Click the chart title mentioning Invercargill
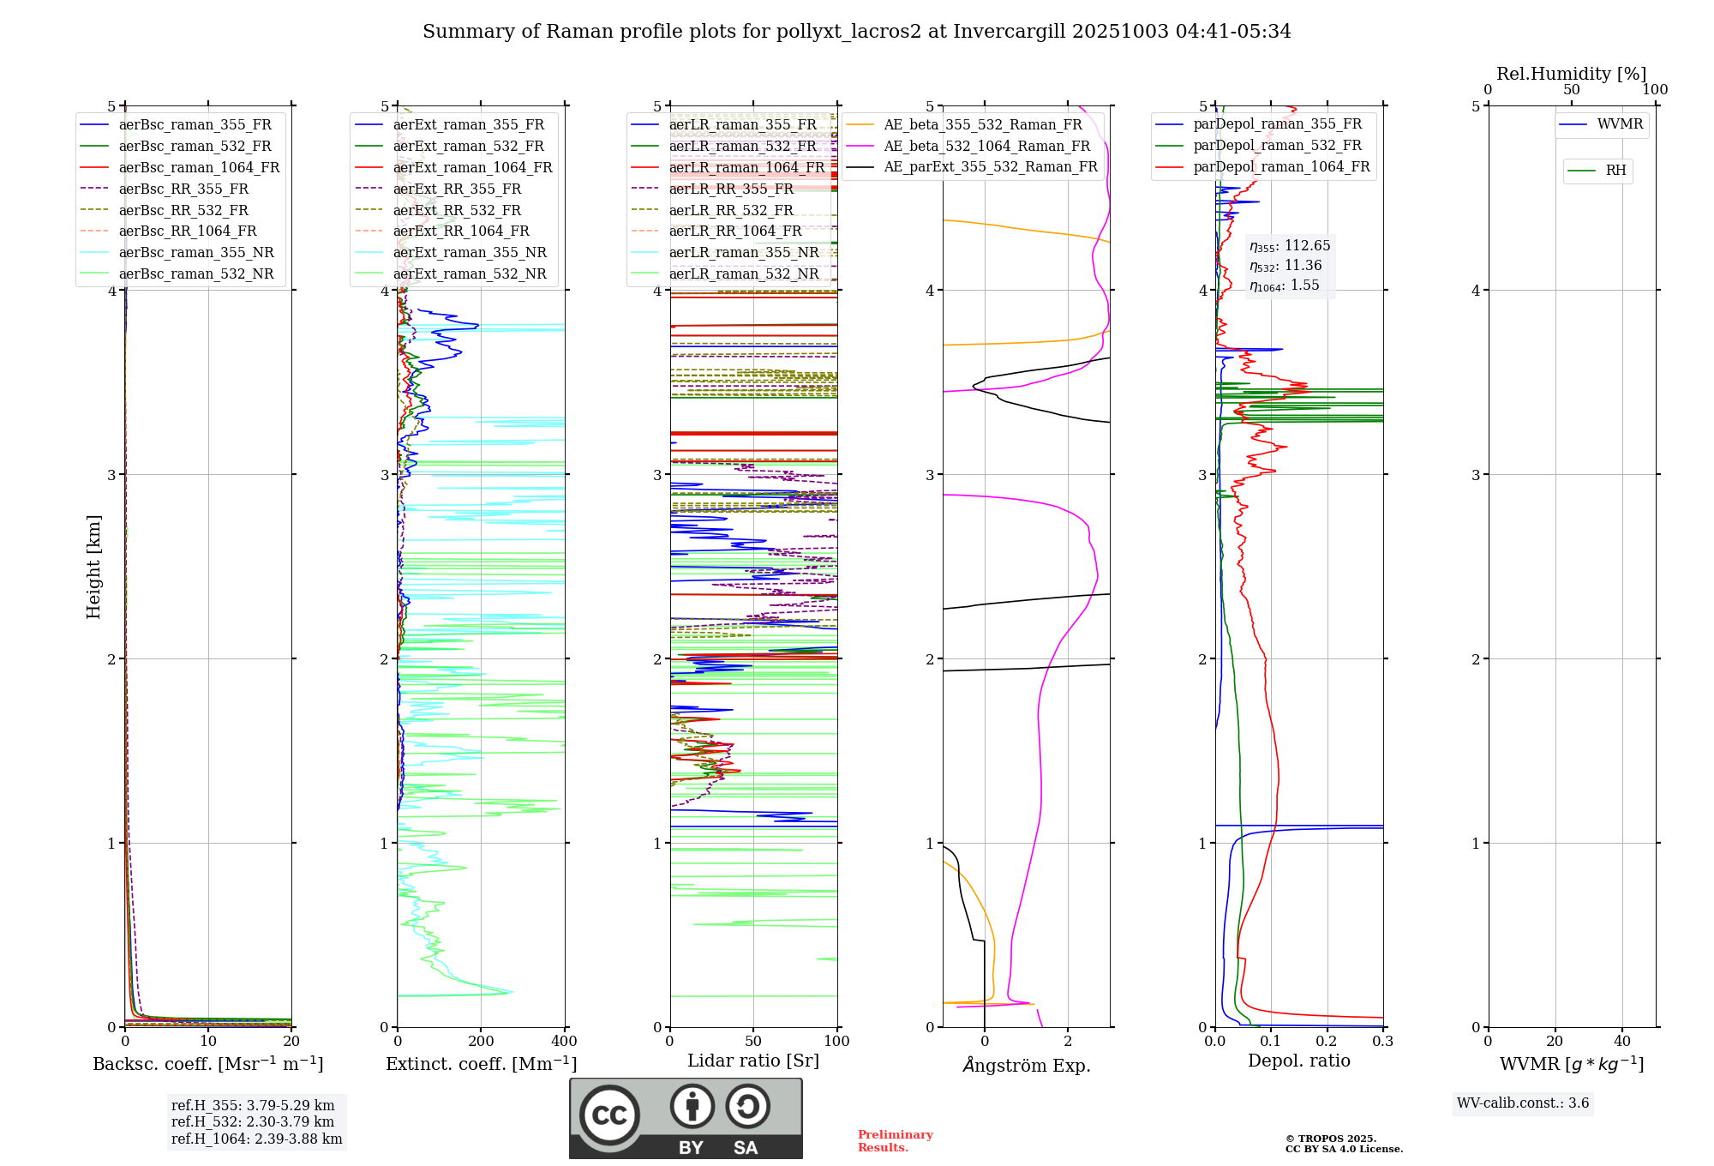click(856, 32)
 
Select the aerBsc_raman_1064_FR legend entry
click(199, 168)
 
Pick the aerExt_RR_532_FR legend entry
click(457, 211)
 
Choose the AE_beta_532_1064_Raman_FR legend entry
click(986, 147)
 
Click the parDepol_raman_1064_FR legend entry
click(1281, 167)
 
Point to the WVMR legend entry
click(1619, 125)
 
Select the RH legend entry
click(1615, 171)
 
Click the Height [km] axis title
click(93, 567)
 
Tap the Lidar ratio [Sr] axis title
click(753, 1061)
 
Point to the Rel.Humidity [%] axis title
click(1571, 74)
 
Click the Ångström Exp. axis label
click(1027, 1066)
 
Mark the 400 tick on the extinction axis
click(564, 1042)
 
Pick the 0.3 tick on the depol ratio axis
click(1382, 1042)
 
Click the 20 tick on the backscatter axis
click(291, 1042)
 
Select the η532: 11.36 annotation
click(1285, 266)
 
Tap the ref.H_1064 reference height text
click(256, 1139)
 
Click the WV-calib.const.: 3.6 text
click(1523, 1103)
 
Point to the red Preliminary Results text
click(895, 1141)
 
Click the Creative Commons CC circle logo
click(609, 1115)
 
